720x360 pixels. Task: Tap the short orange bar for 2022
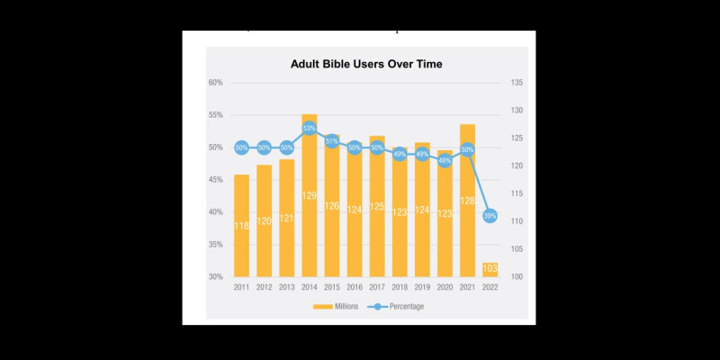tap(490, 269)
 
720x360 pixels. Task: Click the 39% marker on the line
tap(490, 216)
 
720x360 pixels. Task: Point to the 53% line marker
tap(309, 128)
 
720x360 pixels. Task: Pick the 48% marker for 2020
tap(445, 160)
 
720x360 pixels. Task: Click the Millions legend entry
tap(338, 307)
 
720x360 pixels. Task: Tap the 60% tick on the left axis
tap(216, 83)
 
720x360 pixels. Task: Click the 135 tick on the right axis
tap(517, 83)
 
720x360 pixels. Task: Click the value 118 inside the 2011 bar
tap(241, 226)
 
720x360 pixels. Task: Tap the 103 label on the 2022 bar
tap(490, 269)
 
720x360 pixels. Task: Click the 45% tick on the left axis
tap(216, 180)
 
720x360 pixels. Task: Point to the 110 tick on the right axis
tap(517, 221)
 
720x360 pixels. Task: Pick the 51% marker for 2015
tap(331, 141)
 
